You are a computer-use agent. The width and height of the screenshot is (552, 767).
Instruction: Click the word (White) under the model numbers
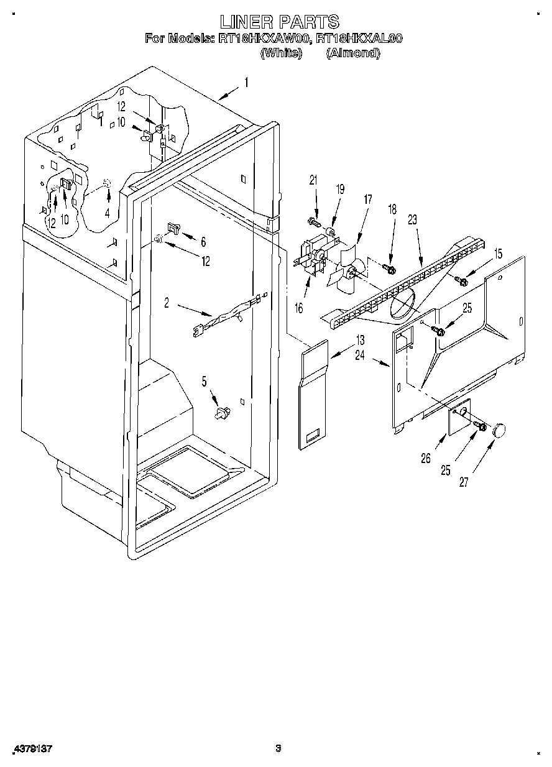(x=281, y=53)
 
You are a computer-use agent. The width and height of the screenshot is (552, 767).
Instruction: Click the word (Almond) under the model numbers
(x=352, y=53)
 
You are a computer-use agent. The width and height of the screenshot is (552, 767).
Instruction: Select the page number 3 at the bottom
(x=279, y=748)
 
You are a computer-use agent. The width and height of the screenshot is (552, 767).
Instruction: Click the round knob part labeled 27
(x=499, y=429)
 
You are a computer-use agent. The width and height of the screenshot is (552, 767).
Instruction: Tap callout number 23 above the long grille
(x=412, y=219)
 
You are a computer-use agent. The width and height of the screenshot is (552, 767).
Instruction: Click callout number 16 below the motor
(x=299, y=308)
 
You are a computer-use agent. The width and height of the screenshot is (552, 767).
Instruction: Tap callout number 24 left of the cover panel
(x=360, y=356)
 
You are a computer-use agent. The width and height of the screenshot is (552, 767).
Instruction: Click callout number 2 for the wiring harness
(x=167, y=303)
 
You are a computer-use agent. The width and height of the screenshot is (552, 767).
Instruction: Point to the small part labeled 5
(x=221, y=412)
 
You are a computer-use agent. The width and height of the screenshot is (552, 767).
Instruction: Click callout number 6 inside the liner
(x=203, y=241)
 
